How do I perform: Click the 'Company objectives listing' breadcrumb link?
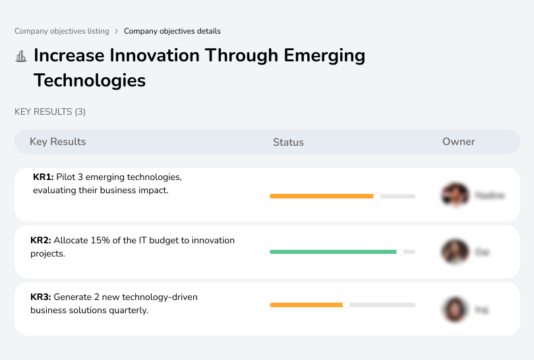(x=61, y=31)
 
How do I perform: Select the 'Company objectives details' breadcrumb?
(x=172, y=31)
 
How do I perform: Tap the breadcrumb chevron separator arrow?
(x=117, y=31)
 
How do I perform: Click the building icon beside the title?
(x=21, y=57)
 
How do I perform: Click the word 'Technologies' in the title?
(x=90, y=80)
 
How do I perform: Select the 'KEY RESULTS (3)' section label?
(x=50, y=112)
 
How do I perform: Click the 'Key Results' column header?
(x=58, y=142)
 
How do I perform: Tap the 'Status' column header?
(x=288, y=142)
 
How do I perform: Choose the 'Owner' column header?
(x=459, y=142)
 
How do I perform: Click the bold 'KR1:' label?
(x=43, y=177)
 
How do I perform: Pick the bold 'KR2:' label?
(x=41, y=241)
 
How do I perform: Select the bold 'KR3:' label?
(x=41, y=297)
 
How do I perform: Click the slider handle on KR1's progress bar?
(x=377, y=196)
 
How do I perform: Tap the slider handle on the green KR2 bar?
(x=400, y=252)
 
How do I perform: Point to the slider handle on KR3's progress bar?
(x=346, y=305)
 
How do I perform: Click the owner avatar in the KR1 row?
(x=455, y=195)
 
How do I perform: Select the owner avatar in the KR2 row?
(x=455, y=252)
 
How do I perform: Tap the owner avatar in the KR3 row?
(x=455, y=309)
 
